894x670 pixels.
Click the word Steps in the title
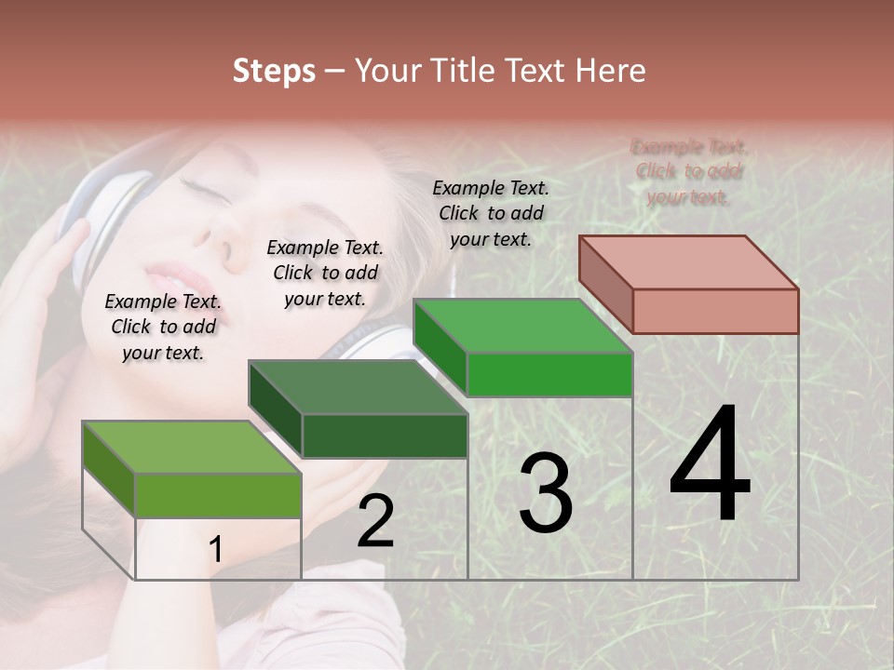(x=274, y=71)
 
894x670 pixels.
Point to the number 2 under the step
(x=375, y=521)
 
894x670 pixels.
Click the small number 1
(x=215, y=550)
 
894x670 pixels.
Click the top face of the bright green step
(x=523, y=326)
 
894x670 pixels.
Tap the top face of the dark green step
(x=358, y=387)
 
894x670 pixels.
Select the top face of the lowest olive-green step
(x=192, y=447)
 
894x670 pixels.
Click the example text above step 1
(x=163, y=327)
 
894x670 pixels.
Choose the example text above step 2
(x=325, y=273)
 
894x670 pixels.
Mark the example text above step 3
(x=491, y=213)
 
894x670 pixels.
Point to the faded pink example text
(x=689, y=171)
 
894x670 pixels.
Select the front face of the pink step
(x=715, y=311)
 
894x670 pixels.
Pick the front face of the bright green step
(x=549, y=374)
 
